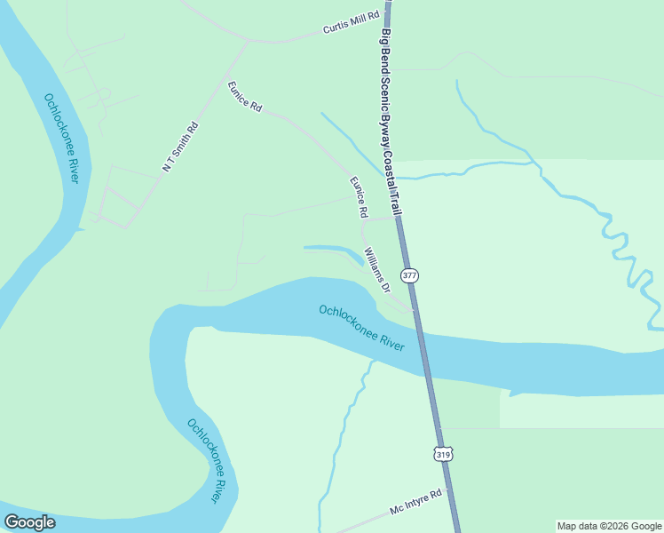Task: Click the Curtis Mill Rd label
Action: pyautogui.click(x=352, y=21)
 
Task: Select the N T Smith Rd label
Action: pyautogui.click(x=180, y=147)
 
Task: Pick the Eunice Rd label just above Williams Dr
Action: pyautogui.click(x=358, y=197)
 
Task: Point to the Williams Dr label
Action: pyautogui.click(x=378, y=271)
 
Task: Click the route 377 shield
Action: pyautogui.click(x=409, y=275)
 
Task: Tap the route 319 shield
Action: pyautogui.click(x=443, y=454)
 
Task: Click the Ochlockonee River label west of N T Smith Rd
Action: pyautogui.click(x=62, y=138)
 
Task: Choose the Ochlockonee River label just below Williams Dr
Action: pyautogui.click(x=361, y=327)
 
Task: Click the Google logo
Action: pyautogui.click(x=29, y=522)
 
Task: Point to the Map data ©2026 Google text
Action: pyautogui.click(x=609, y=526)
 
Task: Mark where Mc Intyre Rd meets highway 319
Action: pyautogui.click(x=454, y=497)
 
